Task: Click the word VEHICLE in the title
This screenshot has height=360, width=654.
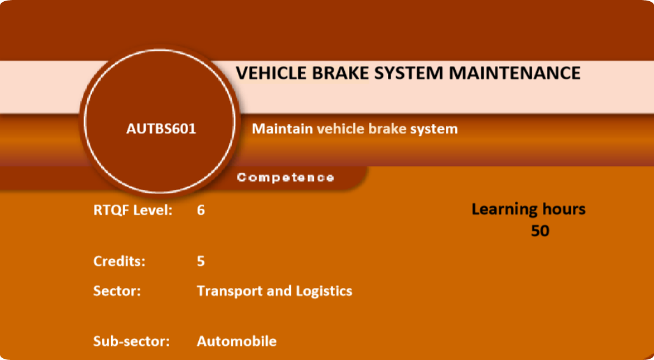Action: [x=271, y=73]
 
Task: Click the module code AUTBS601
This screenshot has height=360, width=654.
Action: [x=161, y=129]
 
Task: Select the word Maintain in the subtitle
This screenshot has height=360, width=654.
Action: [x=282, y=129]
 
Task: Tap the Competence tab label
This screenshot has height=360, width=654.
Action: [x=286, y=178]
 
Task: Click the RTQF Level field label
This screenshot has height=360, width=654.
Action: [x=133, y=210]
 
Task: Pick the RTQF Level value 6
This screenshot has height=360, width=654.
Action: [x=201, y=210]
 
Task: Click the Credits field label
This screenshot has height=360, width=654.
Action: [x=120, y=261]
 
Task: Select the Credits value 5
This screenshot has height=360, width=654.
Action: [x=201, y=262]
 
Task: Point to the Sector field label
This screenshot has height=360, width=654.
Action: [x=117, y=291]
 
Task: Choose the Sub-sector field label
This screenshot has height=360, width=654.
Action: [x=132, y=341]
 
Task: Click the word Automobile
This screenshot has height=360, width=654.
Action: [x=237, y=341]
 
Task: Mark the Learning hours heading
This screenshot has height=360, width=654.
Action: [x=528, y=209]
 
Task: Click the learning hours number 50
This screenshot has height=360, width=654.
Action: [x=540, y=231]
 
